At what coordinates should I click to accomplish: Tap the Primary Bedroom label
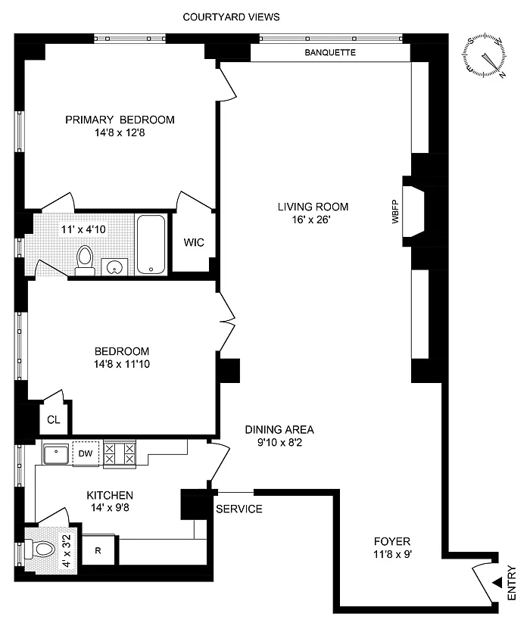click(120, 120)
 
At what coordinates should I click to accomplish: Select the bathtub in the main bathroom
click(151, 244)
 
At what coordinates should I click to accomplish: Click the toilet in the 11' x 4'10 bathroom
click(85, 260)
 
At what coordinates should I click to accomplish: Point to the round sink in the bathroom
click(114, 266)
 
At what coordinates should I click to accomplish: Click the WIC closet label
click(194, 242)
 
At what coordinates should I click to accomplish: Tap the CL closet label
click(54, 419)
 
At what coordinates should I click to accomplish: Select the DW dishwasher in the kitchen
click(86, 453)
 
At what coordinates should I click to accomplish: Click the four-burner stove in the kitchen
click(120, 453)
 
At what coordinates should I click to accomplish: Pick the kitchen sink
click(55, 455)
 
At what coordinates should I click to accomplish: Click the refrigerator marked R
click(98, 550)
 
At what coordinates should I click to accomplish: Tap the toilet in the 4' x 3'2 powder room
click(39, 549)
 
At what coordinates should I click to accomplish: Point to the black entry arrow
click(497, 583)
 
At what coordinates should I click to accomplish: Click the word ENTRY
click(512, 583)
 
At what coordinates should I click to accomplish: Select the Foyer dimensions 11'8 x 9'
click(393, 554)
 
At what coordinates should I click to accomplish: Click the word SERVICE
click(239, 509)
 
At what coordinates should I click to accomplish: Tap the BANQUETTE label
click(330, 52)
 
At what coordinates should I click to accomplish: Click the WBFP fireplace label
click(395, 211)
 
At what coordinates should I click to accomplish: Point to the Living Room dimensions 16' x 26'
click(311, 220)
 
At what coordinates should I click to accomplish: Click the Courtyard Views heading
click(231, 17)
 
